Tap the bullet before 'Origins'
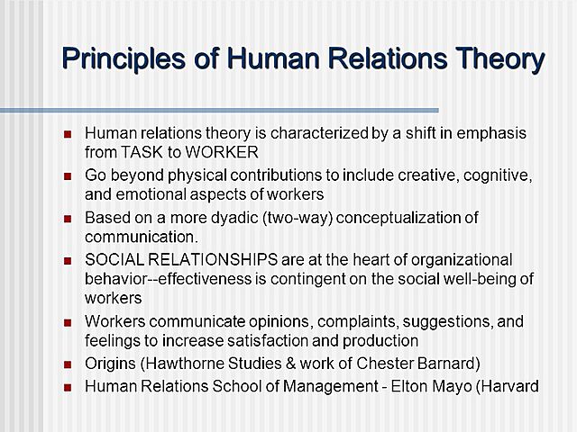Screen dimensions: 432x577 click(x=68, y=365)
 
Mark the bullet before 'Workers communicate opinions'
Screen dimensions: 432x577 click(x=68, y=323)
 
